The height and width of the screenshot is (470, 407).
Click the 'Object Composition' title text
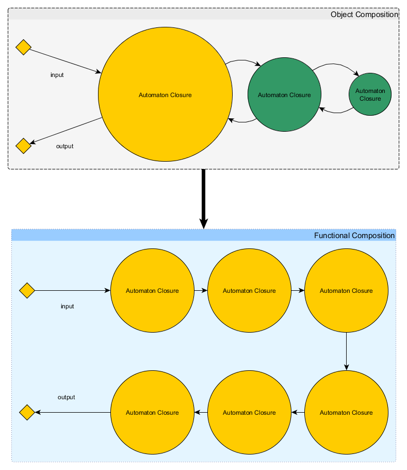point(364,14)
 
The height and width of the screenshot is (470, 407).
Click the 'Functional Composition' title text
point(354,236)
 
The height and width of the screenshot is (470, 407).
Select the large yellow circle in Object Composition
point(165,95)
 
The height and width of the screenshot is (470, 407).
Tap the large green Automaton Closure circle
point(284,95)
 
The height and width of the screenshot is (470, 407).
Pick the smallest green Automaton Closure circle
point(370,95)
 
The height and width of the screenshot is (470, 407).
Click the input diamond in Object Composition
point(23,47)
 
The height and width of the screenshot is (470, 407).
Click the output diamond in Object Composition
point(23,146)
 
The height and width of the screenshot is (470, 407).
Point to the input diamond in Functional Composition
point(27,290)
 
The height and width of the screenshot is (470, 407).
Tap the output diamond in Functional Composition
point(27,413)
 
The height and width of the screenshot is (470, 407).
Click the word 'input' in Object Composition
point(57,75)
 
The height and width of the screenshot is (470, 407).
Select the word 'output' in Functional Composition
point(66,397)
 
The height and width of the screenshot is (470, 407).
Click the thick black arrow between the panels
point(204,196)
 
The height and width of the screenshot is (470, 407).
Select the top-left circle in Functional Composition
point(152,291)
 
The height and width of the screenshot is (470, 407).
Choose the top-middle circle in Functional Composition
point(249,291)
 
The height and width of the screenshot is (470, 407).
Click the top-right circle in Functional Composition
point(346,291)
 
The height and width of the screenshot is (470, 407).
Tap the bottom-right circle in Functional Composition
point(346,413)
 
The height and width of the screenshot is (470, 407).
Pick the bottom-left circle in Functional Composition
point(152,413)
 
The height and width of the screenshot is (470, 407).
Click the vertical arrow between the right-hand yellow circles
point(346,351)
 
